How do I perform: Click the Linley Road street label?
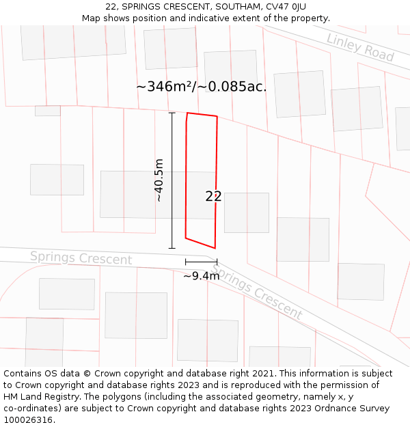tap(360, 46)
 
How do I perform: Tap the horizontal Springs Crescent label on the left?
tap(81, 258)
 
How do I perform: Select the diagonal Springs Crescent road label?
tap(256, 292)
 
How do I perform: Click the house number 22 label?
tap(213, 197)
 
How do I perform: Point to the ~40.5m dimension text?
tap(159, 180)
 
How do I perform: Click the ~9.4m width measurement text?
tap(201, 276)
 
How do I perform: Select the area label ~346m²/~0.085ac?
tap(202, 87)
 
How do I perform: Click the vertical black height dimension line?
tap(172, 180)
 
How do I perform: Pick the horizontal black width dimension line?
tap(201, 262)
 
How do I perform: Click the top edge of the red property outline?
tap(202, 115)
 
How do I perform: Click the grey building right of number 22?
tap(246, 212)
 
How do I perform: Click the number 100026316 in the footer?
tap(27, 419)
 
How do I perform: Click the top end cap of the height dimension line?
tap(172, 113)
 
